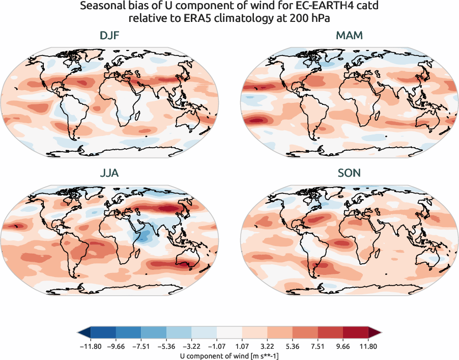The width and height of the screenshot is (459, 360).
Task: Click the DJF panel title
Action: pyautogui.click(x=109, y=36)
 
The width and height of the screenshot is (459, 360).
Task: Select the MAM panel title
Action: pyautogui.click(x=350, y=36)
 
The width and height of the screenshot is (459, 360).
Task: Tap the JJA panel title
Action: pyautogui.click(x=109, y=173)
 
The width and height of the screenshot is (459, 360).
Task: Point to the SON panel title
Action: pyautogui.click(x=350, y=173)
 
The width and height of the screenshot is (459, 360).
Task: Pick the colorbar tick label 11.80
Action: pyautogui.click(x=368, y=345)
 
